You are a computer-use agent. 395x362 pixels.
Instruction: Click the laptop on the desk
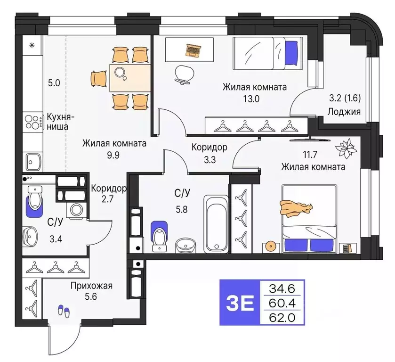(193, 49)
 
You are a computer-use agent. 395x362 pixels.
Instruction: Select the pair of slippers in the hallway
(63, 311)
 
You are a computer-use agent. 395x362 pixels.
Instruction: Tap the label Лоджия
(345, 112)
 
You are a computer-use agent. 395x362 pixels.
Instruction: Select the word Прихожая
(92, 285)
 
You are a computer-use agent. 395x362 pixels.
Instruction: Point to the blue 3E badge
(240, 302)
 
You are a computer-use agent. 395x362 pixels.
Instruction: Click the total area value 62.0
(282, 317)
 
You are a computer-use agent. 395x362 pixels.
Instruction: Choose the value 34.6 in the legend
(282, 287)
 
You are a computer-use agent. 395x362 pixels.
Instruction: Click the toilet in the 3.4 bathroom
(34, 202)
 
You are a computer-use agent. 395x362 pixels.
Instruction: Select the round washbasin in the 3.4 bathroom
(30, 234)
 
